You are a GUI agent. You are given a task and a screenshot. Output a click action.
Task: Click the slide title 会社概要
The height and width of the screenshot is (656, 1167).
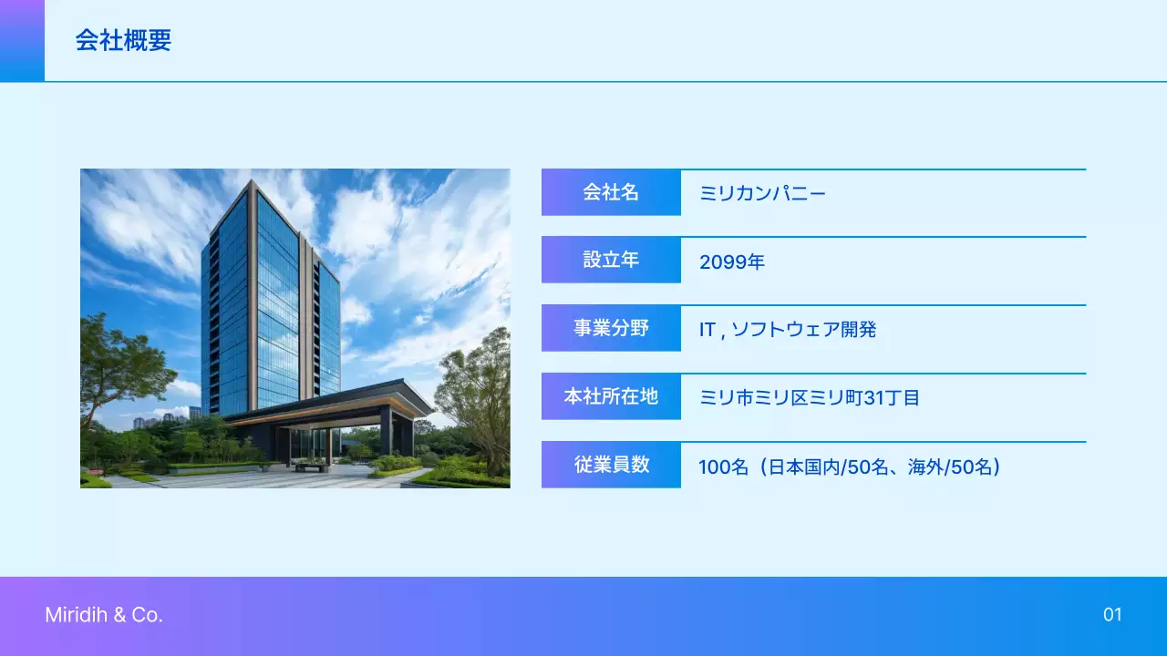123,41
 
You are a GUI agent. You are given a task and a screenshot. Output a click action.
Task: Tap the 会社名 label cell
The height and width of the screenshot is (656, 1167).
611,192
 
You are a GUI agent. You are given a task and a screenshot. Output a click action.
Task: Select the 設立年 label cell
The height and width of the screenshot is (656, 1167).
611,260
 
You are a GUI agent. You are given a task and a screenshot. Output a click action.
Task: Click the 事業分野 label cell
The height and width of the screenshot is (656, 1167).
611,328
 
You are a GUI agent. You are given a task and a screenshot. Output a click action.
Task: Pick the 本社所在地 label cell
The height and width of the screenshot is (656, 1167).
611,396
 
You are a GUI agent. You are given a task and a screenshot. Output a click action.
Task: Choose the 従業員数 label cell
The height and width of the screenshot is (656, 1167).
611,465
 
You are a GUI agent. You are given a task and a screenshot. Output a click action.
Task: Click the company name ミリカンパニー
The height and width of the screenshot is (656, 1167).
762,193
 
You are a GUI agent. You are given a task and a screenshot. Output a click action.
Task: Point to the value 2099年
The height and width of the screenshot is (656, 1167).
731,262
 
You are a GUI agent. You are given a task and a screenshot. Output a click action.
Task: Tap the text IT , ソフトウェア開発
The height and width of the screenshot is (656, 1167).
787,330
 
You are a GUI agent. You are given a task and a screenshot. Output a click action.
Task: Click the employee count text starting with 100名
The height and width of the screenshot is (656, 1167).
850,467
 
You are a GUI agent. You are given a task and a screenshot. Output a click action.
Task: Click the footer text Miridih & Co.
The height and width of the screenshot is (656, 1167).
104,615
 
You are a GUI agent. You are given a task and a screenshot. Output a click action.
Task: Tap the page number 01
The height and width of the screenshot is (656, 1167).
1112,615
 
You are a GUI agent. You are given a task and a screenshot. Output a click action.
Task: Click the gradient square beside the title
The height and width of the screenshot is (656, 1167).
22,41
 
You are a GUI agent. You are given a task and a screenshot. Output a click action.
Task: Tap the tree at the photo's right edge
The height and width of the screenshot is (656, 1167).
479,392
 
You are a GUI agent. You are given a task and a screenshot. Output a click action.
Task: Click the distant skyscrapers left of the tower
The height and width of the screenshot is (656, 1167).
146,422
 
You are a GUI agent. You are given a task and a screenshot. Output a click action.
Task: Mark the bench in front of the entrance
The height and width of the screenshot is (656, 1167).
312,466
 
